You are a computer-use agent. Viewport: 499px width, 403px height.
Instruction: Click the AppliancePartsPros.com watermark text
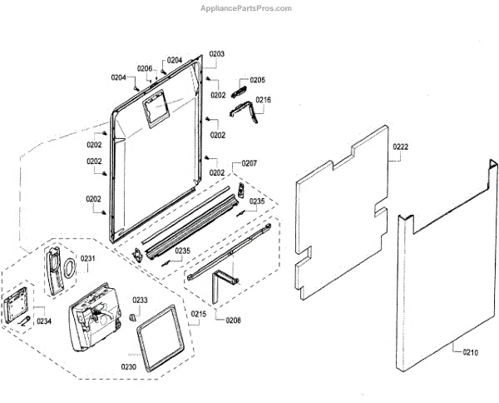247,8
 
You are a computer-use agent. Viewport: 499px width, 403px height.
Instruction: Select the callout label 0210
471,352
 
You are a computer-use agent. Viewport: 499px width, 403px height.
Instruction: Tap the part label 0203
216,53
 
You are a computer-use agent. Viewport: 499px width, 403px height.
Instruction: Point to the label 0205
257,80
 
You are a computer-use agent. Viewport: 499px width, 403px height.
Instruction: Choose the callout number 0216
263,100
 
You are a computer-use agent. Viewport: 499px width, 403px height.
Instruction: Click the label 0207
249,164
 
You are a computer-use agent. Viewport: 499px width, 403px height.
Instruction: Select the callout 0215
198,314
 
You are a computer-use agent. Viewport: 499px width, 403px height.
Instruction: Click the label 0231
88,258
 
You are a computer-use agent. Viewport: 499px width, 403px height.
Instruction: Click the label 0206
145,68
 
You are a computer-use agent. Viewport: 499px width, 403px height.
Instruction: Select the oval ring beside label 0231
70,266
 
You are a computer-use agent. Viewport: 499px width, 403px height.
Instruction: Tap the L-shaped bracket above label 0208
219,283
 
